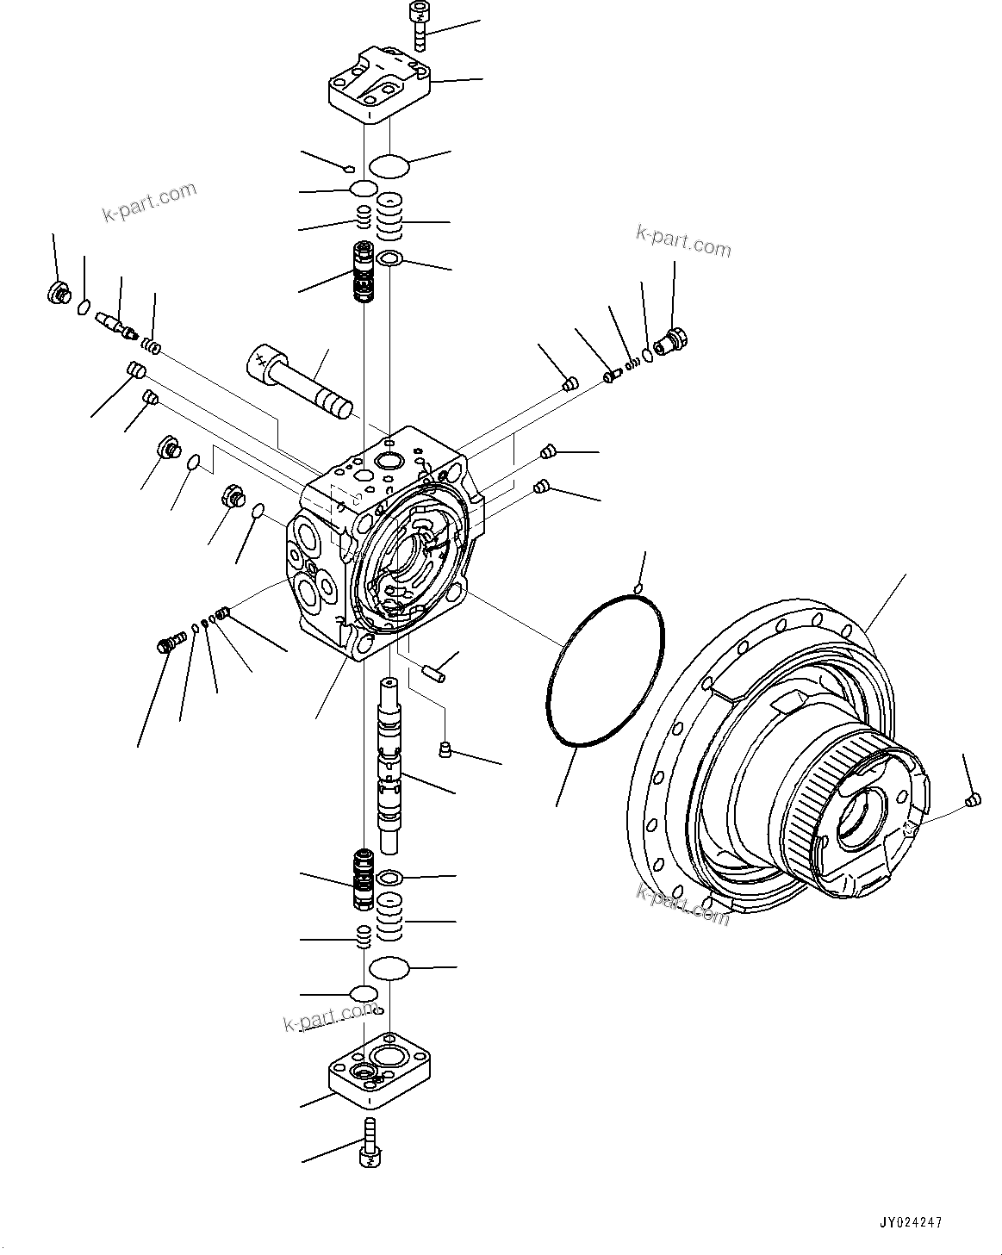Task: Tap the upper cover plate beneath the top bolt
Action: (x=378, y=86)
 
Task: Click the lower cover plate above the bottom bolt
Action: (x=378, y=1072)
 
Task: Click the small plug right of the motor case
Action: (x=972, y=800)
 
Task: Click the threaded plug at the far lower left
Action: (x=169, y=643)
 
